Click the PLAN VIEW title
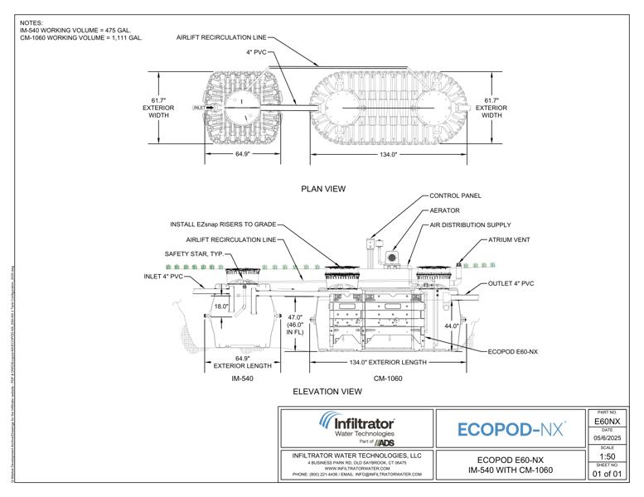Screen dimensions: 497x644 click(322, 189)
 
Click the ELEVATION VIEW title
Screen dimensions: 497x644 click(327, 390)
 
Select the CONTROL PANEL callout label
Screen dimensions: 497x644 click(455, 196)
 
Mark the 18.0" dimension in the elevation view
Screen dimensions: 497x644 click(221, 306)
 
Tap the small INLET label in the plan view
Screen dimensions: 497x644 click(199, 108)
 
